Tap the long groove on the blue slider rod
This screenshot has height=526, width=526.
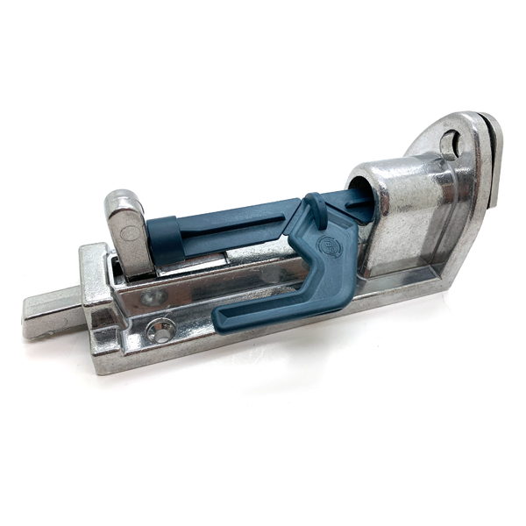tap(228, 224)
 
